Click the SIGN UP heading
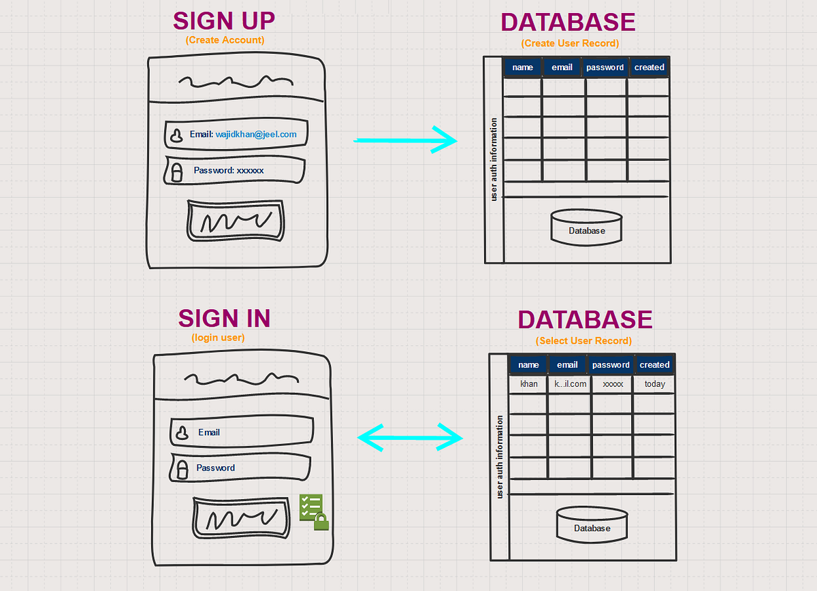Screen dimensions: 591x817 point(224,20)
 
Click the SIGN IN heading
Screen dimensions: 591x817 point(224,318)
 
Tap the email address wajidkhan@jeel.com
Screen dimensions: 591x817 point(256,134)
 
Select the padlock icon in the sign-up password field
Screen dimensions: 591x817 point(176,172)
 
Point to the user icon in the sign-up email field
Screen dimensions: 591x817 point(176,135)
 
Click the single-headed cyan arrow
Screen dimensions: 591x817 point(405,141)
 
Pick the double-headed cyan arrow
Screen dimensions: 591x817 point(410,436)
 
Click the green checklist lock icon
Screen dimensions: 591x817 point(313,512)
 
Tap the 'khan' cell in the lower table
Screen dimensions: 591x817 point(528,384)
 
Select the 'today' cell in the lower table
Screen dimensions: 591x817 point(654,384)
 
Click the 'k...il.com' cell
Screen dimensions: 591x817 point(570,384)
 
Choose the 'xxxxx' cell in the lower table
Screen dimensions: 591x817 point(613,384)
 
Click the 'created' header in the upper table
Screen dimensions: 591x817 point(649,67)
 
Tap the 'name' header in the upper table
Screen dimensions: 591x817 point(522,67)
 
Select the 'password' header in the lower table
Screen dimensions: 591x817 point(611,365)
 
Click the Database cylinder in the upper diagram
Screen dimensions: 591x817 point(586,227)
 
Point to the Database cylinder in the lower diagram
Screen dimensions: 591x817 point(592,524)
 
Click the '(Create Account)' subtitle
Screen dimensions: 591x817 point(225,40)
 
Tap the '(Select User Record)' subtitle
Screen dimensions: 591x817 point(583,340)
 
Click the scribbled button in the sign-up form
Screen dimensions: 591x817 point(236,221)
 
